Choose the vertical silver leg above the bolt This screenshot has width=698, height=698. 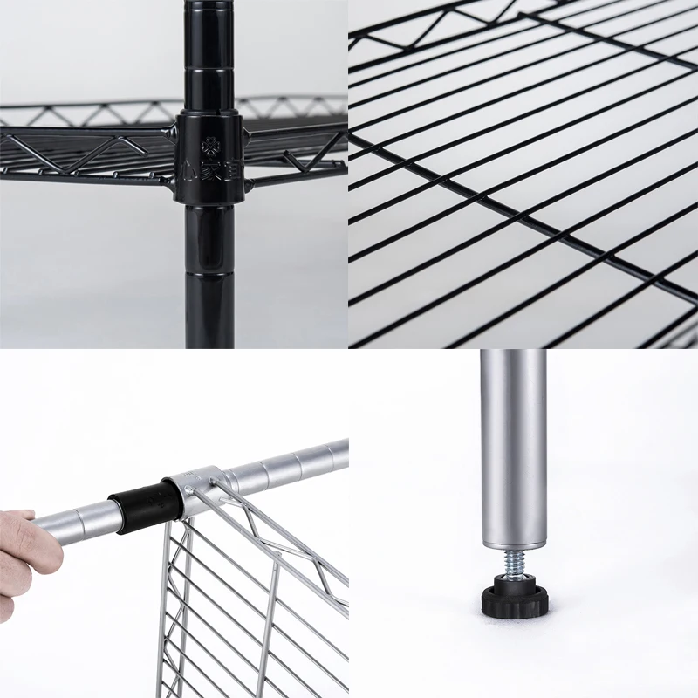[x=513, y=436]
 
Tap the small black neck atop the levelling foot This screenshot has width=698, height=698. [x=514, y=579]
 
